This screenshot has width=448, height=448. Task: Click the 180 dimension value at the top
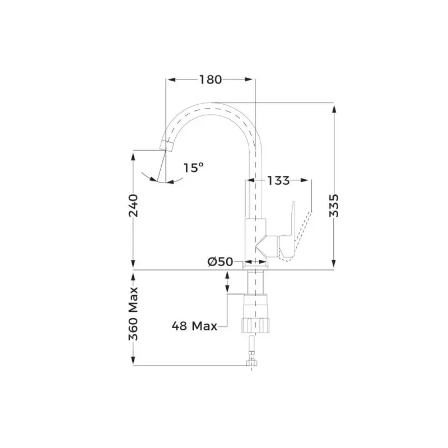point(211,80)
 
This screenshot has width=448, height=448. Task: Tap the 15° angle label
point(193,167)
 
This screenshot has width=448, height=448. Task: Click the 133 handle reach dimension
point(278,180)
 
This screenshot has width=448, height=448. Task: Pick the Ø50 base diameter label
point(221,262)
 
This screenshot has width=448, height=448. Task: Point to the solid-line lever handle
point(290,224)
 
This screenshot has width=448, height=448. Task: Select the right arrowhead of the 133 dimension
point(306,180)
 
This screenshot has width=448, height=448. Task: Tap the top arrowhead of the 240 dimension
point(133,155)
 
